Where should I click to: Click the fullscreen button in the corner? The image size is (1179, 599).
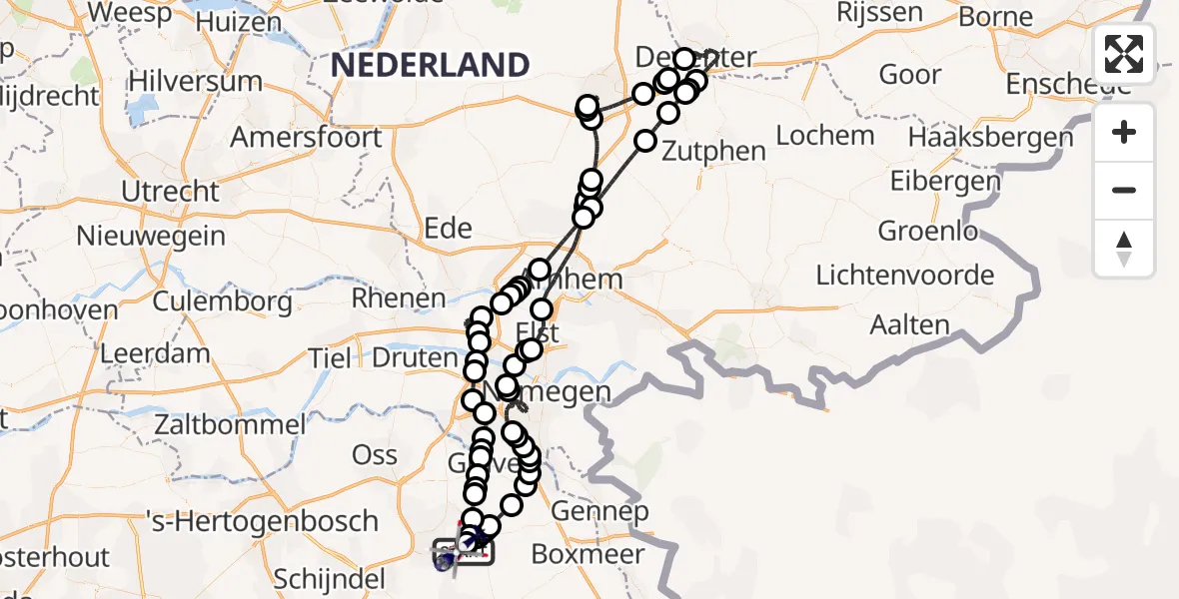1124,53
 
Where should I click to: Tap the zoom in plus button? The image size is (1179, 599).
1124,132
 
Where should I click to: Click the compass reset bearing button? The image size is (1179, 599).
1124,249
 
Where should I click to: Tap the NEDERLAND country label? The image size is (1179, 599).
431,65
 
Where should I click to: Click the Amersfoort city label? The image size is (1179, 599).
306,137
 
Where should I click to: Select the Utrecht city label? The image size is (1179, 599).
170,190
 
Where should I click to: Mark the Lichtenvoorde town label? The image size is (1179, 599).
905,275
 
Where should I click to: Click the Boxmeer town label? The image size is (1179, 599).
588,553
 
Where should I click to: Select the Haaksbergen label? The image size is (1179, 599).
991,136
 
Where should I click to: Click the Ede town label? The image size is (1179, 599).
448,229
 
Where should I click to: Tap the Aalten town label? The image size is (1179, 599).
909,324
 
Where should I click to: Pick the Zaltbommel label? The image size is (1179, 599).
230,424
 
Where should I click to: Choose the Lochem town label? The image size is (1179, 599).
825,135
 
